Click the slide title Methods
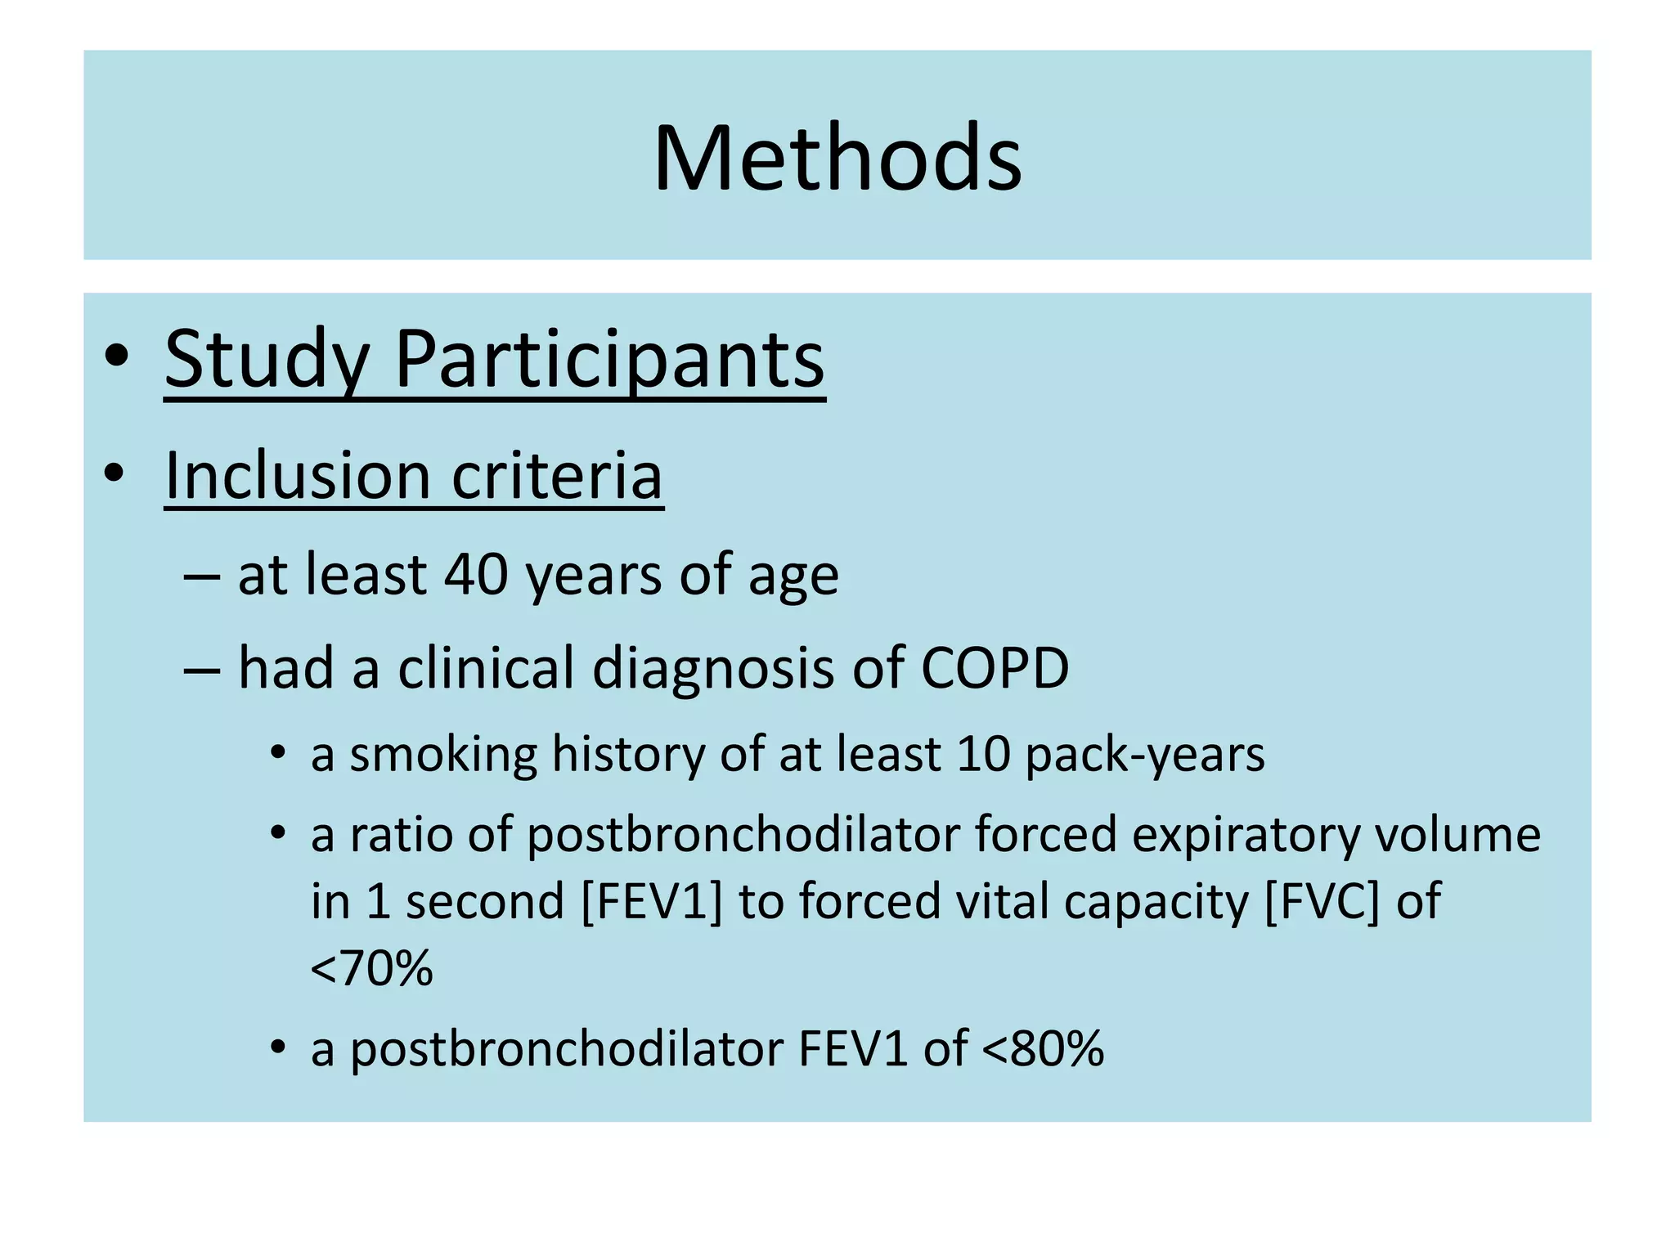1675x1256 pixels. tap(837, 157)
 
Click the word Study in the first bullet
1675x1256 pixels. tap(266, 360)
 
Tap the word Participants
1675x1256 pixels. tap(609, 360)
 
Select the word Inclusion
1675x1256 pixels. tap(298, 475)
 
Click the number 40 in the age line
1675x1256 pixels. tap(476, 574)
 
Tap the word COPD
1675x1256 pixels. tap(995, 668)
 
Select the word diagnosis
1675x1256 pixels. tap(712, 668)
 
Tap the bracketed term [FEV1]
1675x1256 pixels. tap(652, 902)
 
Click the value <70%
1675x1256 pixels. tap(371, 969)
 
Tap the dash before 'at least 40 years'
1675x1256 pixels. tap(202, 576)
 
